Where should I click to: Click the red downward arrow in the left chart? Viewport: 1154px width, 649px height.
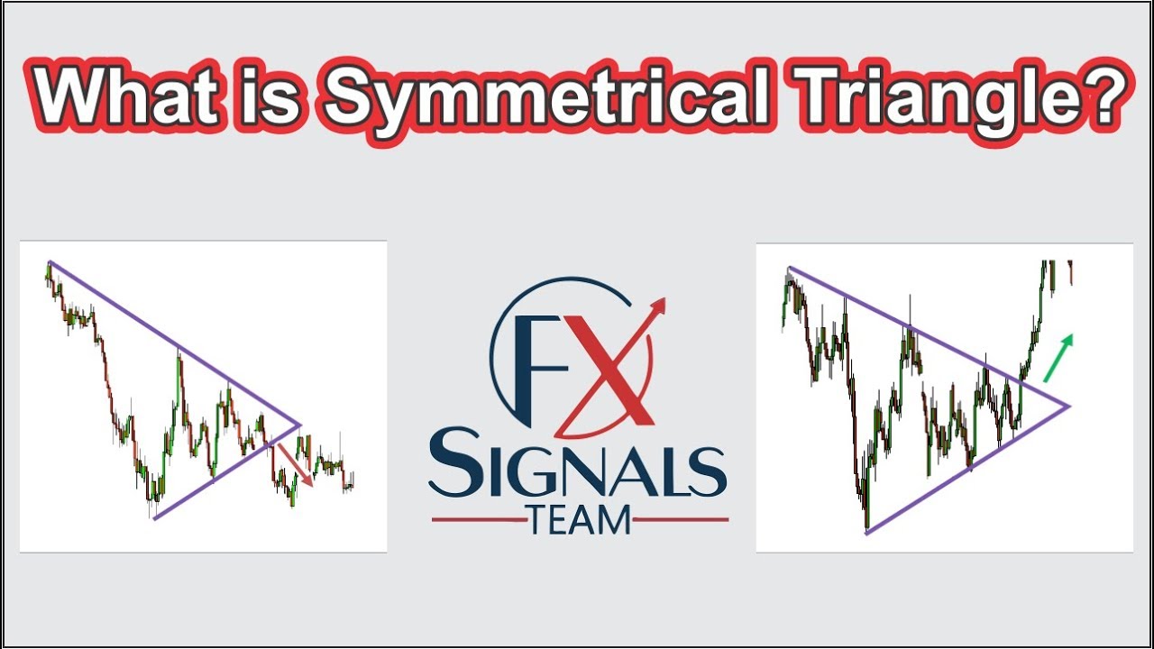[x=295, y=463]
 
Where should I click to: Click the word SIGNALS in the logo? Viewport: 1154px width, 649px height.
[x=578, y=470]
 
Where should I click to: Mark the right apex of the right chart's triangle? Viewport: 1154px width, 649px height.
[x=1069, y=406]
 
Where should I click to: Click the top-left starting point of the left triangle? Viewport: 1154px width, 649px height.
[x=50, y=262]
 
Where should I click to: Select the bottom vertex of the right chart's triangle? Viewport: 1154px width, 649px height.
[x=866, y=534]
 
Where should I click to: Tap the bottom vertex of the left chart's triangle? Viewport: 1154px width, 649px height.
[x=155, y=518]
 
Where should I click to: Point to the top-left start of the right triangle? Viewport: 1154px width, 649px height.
[x=790, y=269]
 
